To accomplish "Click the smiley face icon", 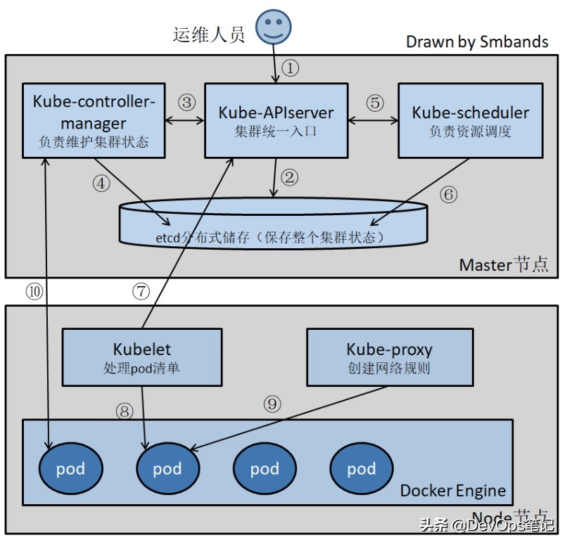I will (273, 27).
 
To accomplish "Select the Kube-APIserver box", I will (276, 120).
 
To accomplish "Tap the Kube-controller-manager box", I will (93, 120).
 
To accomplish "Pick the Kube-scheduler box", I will (470, 120).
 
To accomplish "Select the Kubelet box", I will (142, 357).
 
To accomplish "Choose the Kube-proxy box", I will (389, 357).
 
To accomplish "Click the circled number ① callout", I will (291, 69).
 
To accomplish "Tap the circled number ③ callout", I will (186, 103).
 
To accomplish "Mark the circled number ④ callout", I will (102, 184).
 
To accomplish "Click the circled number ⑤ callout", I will (375, 103).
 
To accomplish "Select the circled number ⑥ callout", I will (448, 194).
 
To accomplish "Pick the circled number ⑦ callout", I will (141, 290).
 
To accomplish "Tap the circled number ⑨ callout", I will (272, 404).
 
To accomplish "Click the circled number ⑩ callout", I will (33, 290).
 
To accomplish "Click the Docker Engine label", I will (452, 490).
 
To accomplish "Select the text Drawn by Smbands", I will (477, 41).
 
